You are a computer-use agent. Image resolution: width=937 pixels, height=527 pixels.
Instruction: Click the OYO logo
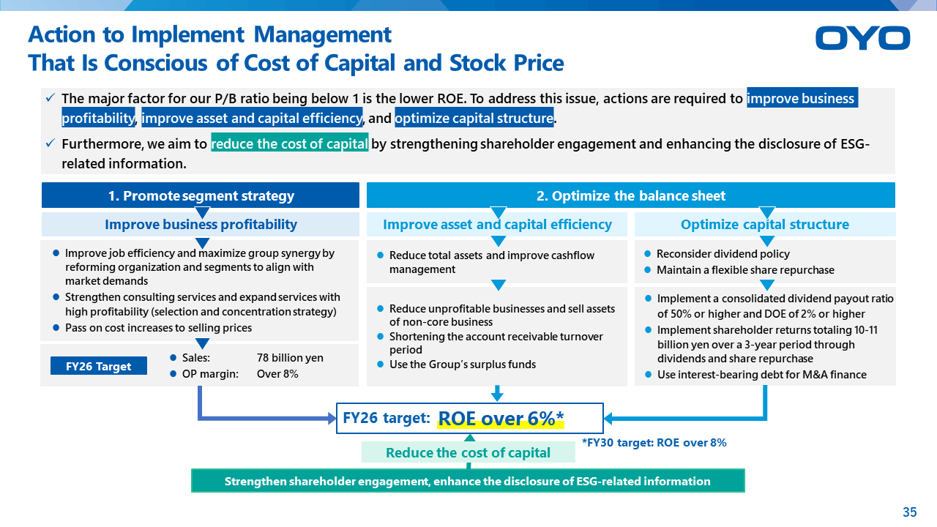click(862, 38)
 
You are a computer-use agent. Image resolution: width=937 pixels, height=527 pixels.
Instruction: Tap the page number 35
click(910, 512)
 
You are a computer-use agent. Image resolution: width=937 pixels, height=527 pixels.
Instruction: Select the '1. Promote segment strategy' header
click(201, 195)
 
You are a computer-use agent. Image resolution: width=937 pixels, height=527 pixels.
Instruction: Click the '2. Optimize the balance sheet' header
click(631, 195)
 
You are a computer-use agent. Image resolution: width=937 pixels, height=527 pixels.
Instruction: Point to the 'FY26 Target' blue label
click(99, 366)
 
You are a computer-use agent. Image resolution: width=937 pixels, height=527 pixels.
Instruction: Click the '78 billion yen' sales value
click(290, 358)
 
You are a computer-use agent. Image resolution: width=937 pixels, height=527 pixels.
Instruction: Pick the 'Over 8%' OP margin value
click(277, 374)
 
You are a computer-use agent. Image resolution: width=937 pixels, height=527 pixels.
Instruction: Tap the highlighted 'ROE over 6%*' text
click(501, 419)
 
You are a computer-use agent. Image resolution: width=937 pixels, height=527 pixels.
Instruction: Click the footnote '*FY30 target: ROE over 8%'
click(654, 443)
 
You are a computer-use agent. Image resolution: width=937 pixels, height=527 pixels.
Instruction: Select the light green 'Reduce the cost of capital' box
click(468, 452)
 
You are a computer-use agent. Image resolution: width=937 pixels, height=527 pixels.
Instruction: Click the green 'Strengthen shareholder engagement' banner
click(468, 481)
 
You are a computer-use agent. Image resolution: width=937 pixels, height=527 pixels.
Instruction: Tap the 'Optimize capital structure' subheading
click(765, 224)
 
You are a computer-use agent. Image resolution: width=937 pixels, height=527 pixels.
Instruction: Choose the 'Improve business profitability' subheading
click(201, 224)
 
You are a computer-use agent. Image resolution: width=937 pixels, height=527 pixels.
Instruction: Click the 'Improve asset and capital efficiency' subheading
click(497, 224)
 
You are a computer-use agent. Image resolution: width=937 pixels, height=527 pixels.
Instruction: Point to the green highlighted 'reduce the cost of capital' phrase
click(289, 143)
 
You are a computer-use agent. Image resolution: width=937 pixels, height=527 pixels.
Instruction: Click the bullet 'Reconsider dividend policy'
click(723, 254)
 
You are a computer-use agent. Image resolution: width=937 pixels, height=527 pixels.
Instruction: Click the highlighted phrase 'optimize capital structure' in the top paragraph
click(474, 118)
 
